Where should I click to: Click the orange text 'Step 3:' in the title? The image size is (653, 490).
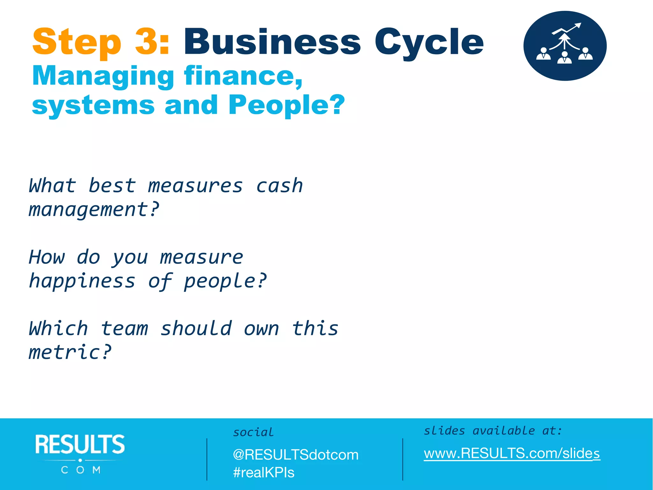tap(101, 42)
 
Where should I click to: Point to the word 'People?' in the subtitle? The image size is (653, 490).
tap(287, 105)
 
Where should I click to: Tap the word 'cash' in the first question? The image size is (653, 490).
tap(279, 186)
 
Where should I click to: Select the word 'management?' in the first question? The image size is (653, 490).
tap(94, 210)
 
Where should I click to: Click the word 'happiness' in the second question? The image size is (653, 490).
tap(82, 281)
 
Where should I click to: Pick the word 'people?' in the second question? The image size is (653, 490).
tap(225, 281)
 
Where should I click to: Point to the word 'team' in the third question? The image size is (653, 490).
tap(124, 329)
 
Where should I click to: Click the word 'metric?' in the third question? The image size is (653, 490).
tap(70, 353)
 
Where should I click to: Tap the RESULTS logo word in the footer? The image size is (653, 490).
tap(80, 444)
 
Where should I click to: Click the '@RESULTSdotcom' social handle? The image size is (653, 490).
tap(296, 455)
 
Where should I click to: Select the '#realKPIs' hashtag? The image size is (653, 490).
tap(263, 472)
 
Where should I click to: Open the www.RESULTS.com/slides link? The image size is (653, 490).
tap(512, 453)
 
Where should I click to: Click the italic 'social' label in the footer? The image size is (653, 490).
tap(253, 432)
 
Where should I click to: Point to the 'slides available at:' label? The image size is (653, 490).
tap(493, 431)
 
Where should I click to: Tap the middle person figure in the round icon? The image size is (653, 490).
tap(564, 58)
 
